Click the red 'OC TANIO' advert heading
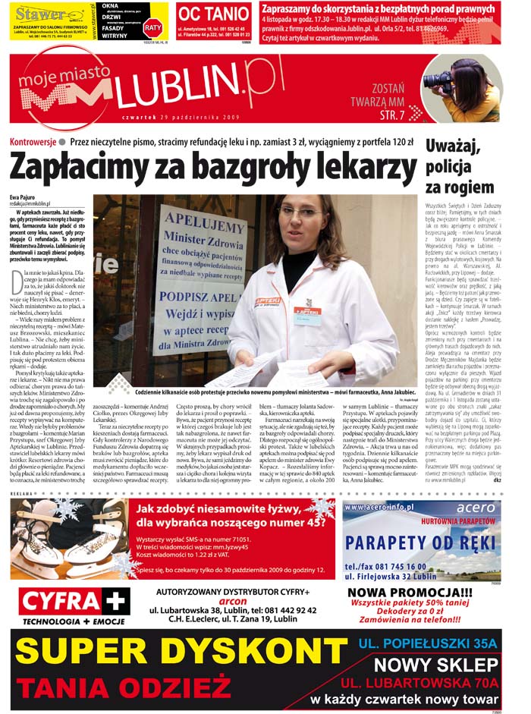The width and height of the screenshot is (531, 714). (x=213, y=14)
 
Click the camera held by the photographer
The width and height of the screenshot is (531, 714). (x=440, y=79)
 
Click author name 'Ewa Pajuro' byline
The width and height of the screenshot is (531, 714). (x=23, y=197)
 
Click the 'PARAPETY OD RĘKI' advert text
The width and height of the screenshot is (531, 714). (x=422, y=543)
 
